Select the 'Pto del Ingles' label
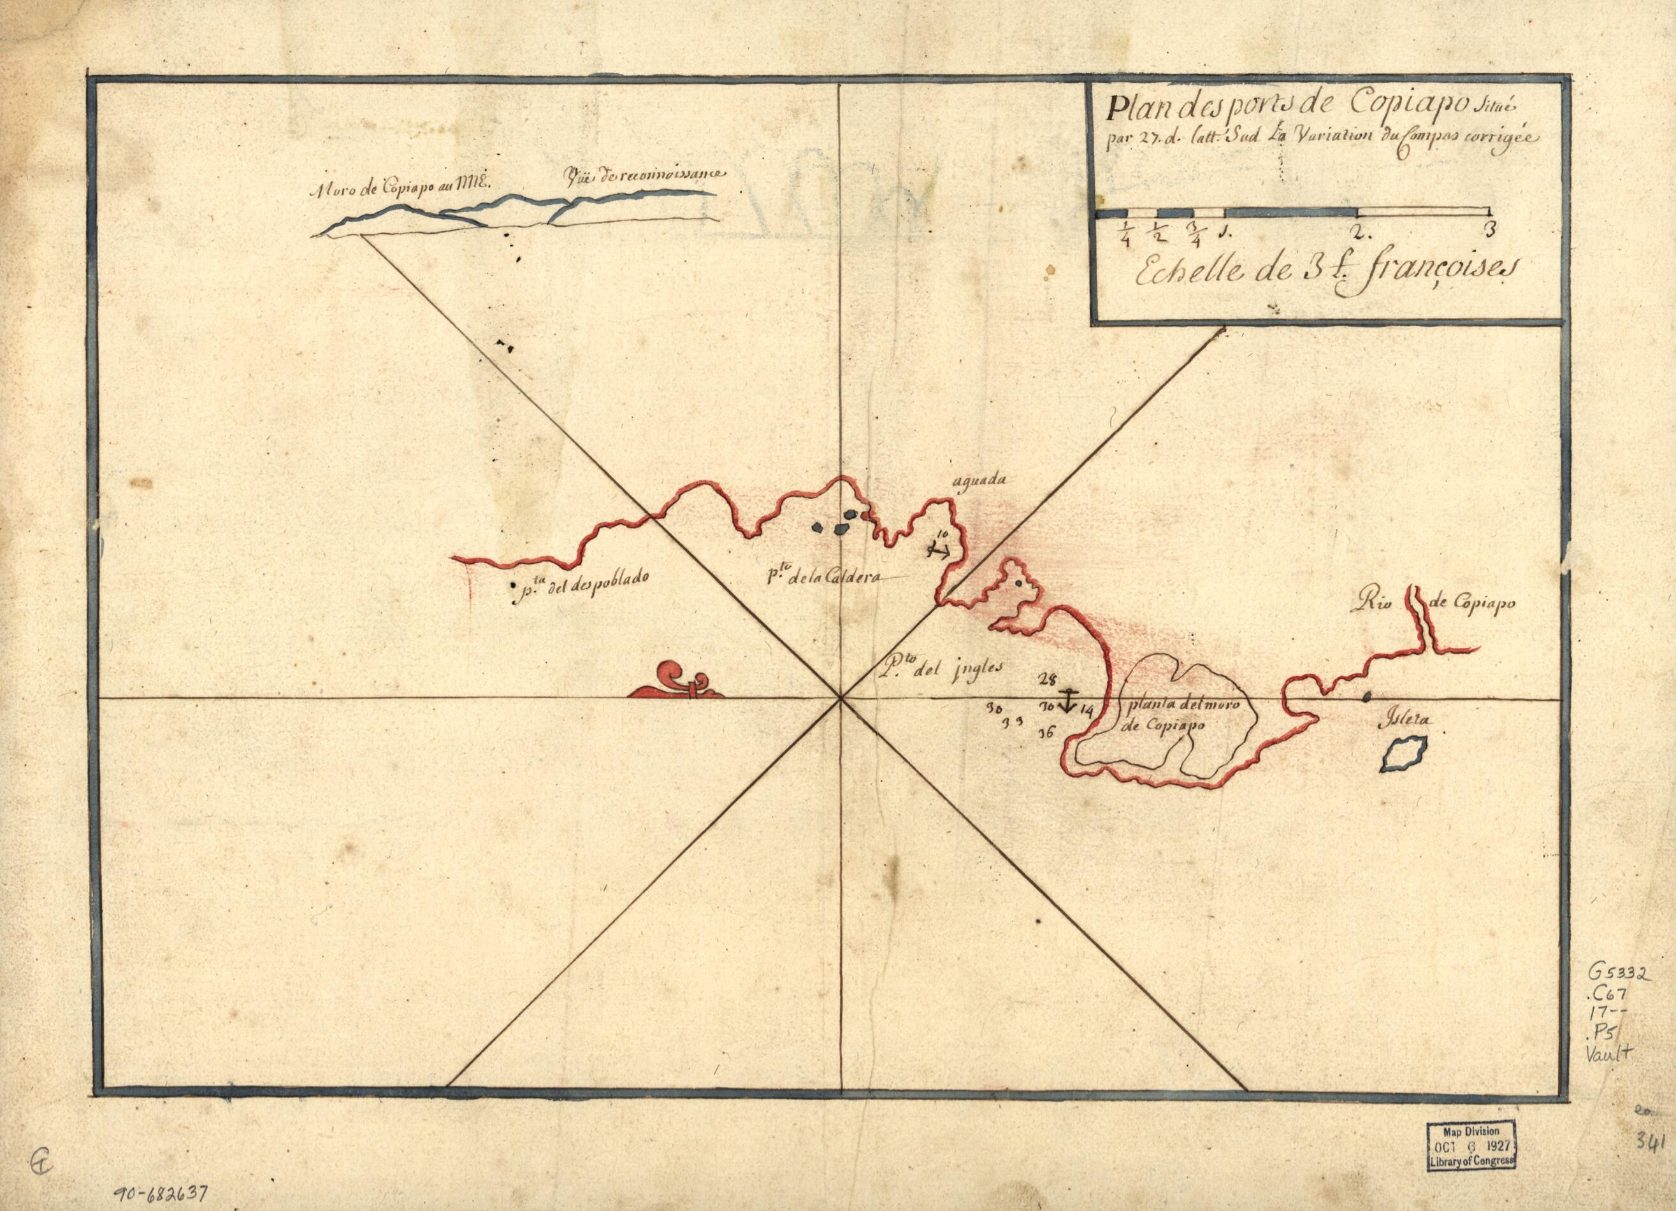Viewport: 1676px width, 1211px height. click(x=936, y=667)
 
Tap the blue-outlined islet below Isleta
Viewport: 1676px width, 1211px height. click(x=1403, y=754)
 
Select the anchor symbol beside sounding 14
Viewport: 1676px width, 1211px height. click(x=1066, y=701)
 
